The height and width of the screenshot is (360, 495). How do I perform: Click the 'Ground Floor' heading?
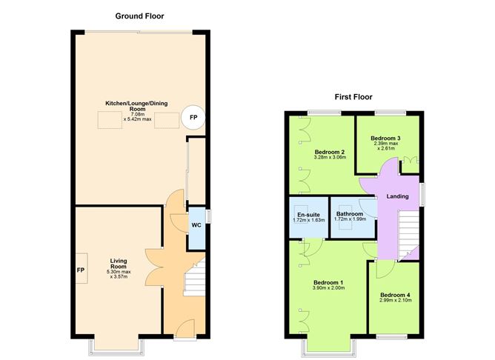[x=139, y=16]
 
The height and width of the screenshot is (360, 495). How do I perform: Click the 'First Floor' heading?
[x=353, y=97]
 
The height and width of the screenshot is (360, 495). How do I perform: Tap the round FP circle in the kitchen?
[x=193, y=117]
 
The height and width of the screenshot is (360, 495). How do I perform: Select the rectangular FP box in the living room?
[x=82, y=268]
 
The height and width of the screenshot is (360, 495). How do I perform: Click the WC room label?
[x=196, y=225]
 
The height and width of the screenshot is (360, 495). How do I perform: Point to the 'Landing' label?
[x=397, y=196]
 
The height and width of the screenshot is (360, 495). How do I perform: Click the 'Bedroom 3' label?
[x=385, y=139]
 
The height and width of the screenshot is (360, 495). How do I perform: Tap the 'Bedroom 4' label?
[x=395, y=295]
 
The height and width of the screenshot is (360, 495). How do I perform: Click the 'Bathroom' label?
[x=350, y=213]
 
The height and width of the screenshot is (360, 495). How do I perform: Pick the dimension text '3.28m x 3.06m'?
[x=330, y=157]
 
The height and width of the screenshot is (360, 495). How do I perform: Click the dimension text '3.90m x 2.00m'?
[x=328, y=287]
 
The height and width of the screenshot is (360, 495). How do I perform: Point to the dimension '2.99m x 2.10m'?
[x=395, y=300]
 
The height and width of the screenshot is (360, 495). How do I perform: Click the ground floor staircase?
[x=194, y=278]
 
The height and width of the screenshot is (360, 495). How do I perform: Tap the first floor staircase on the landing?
[x=408, y=235]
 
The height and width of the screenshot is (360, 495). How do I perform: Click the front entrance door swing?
[x=185, y=328]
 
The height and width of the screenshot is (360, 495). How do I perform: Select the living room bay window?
[x=117, y=347]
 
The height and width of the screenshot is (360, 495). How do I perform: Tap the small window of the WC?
[x=208, y=217]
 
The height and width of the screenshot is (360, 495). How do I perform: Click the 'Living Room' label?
[x=119, y=264]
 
